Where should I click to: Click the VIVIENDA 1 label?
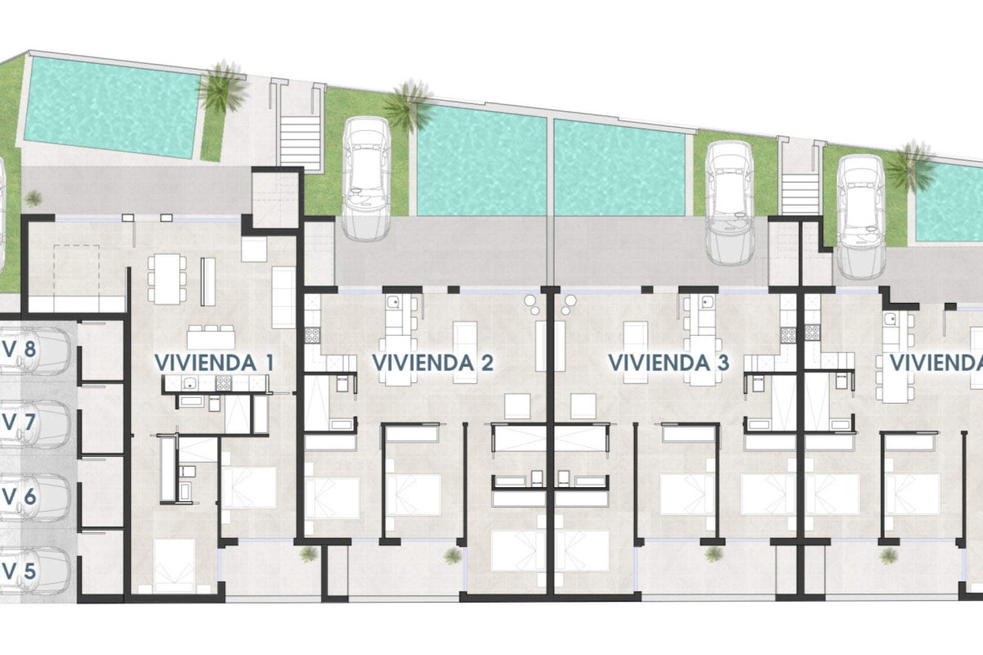[213, 363]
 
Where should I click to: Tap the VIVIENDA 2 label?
[433, 363]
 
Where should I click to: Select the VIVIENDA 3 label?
[668, 363]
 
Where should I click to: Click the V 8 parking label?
[19, 350]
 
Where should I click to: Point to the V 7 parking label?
[19, 423]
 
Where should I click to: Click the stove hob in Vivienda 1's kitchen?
[223, 380]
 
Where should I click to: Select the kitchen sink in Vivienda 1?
[190, 381]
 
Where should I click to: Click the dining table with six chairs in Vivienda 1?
[167, 278]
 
